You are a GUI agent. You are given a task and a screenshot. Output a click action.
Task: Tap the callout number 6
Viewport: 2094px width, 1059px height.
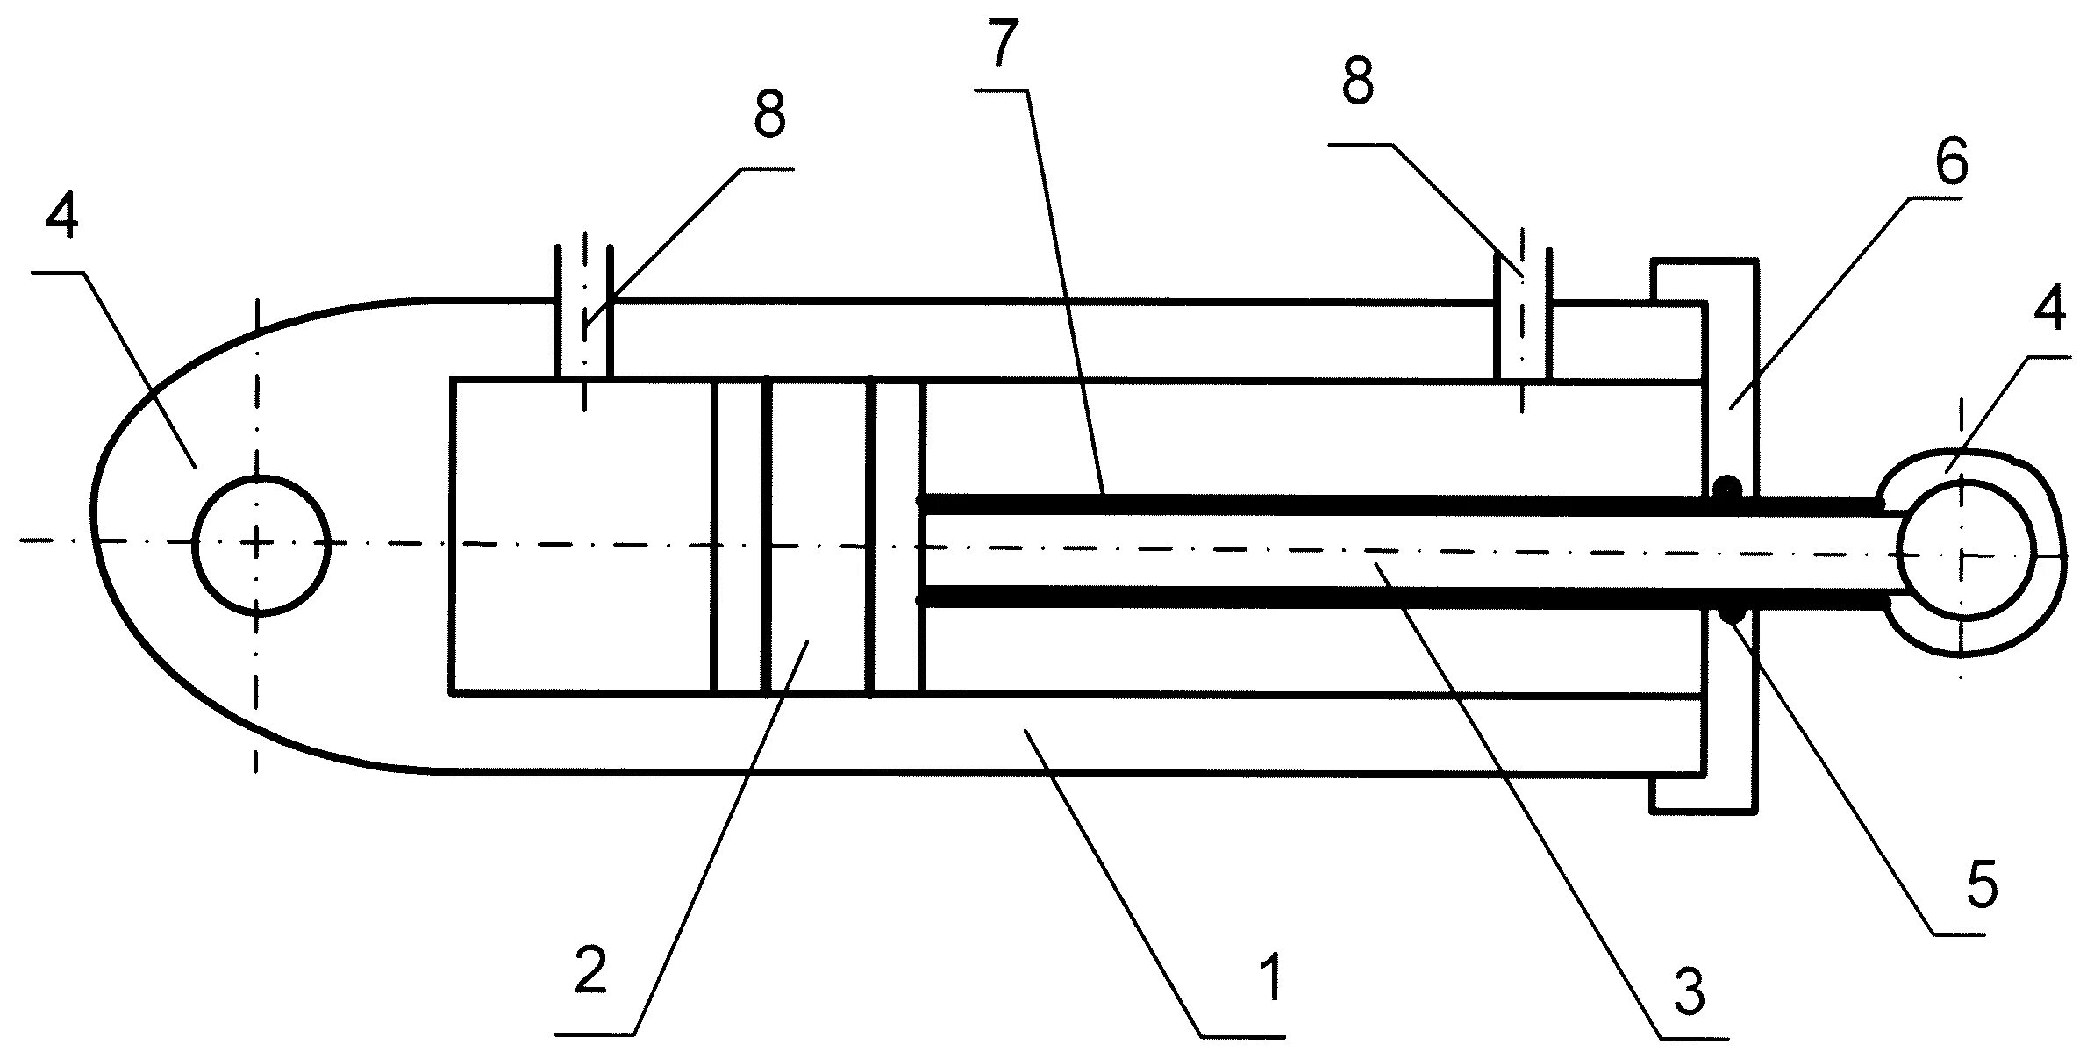(x=1951, y=163)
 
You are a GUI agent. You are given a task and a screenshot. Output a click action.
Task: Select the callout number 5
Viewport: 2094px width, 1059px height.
(x=1981, y=886)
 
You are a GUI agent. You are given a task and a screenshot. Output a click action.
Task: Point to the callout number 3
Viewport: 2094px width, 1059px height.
(x=1689, y=992)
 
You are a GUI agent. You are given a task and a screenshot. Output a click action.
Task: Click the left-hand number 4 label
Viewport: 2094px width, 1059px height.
(x=61, y=215)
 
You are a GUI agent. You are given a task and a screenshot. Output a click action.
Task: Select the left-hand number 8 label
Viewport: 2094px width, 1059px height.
(x=768, y=114)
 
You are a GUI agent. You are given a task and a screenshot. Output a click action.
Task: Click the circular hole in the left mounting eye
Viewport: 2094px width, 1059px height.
(x=261, y=544)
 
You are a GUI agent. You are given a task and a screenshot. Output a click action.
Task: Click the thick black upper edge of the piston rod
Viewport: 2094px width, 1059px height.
(x=1316, y=504)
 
